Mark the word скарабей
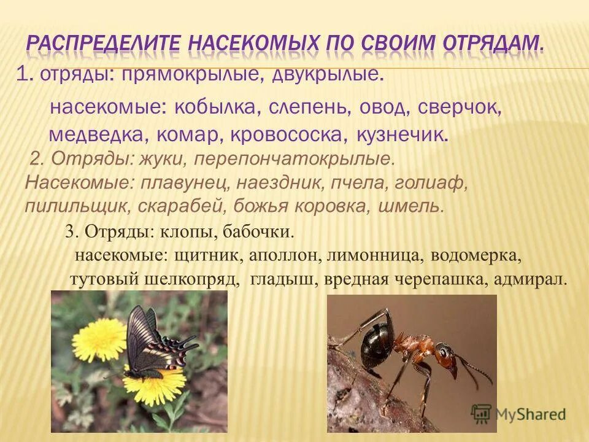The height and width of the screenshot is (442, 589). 220,206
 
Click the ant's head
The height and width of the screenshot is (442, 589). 442,354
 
